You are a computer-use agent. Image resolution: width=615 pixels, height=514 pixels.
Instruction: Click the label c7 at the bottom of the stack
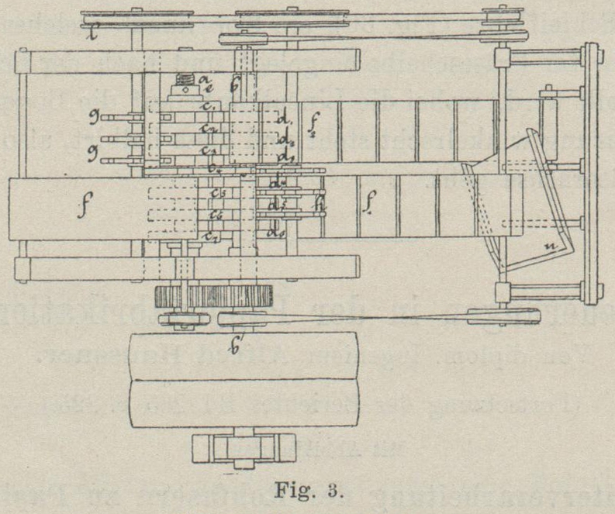click(210, 235)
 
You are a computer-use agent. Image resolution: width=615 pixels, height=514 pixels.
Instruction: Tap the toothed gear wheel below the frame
click(215, 295)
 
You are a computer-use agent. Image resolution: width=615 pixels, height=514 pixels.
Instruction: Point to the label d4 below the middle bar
click(276, 183)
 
